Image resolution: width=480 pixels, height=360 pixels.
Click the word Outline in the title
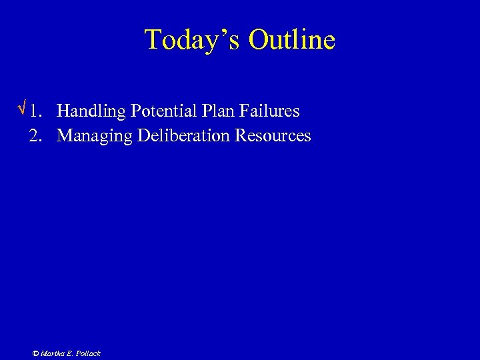pyautogui.click(x=292, y=40)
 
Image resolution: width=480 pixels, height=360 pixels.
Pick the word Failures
pyautogui.click(x=266, y=110)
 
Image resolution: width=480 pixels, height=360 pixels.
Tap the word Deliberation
pyautogui.click(x=183, y=135)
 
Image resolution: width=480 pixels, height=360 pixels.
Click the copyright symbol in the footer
pyautogui.click(x=35, y=353)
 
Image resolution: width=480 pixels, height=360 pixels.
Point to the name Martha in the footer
pyautogui.click(x=52, y=353)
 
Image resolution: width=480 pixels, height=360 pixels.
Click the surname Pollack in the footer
pyautogui.click(x=87, y=353)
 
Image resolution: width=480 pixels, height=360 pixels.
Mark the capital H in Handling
pyautogui.click(x=63, y=110)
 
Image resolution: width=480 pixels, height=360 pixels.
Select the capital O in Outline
pyautogui.click(x=259, y=40)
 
